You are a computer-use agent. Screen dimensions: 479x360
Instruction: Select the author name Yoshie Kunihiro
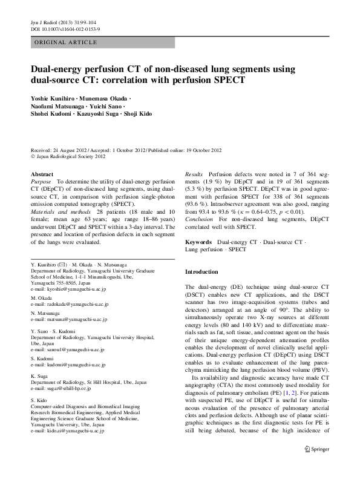pos(54,98)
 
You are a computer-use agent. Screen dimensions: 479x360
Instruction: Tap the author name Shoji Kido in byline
pos(136,114)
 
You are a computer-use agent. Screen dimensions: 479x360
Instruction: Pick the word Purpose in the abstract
pos(41,182)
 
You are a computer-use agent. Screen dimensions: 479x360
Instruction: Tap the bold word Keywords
pos(200,242)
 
